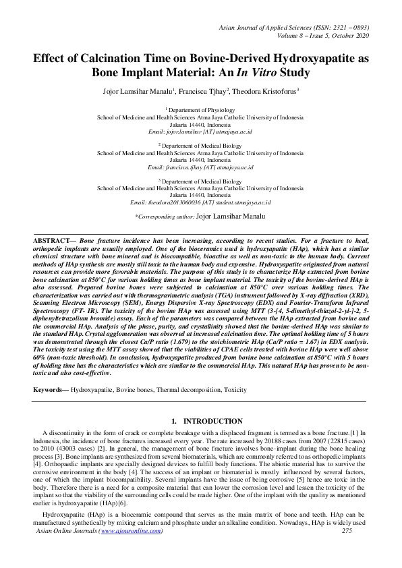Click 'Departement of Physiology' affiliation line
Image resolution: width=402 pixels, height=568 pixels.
[x=201, y=109]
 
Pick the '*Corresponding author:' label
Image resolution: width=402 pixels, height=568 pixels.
[x=165, y=217]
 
